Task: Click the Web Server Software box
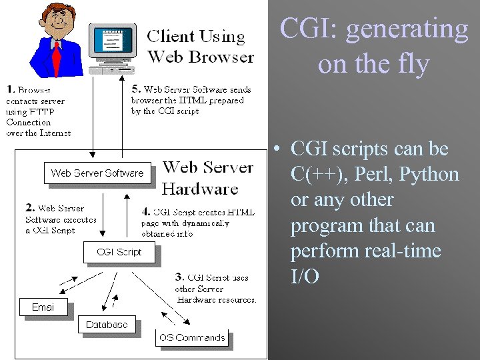[x=97, y=173]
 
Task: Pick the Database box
[x=107, y=325]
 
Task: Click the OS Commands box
[x=191, y=337]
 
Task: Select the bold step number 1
[x=10, y=89]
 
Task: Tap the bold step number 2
[x=29, y=208]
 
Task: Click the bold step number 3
[x=179, y=276]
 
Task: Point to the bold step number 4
[x=146, y=212]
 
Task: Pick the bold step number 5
[x=135, y=88]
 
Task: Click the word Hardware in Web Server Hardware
[x=200, y=189]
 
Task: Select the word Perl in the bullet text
[x=365, y=175]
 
